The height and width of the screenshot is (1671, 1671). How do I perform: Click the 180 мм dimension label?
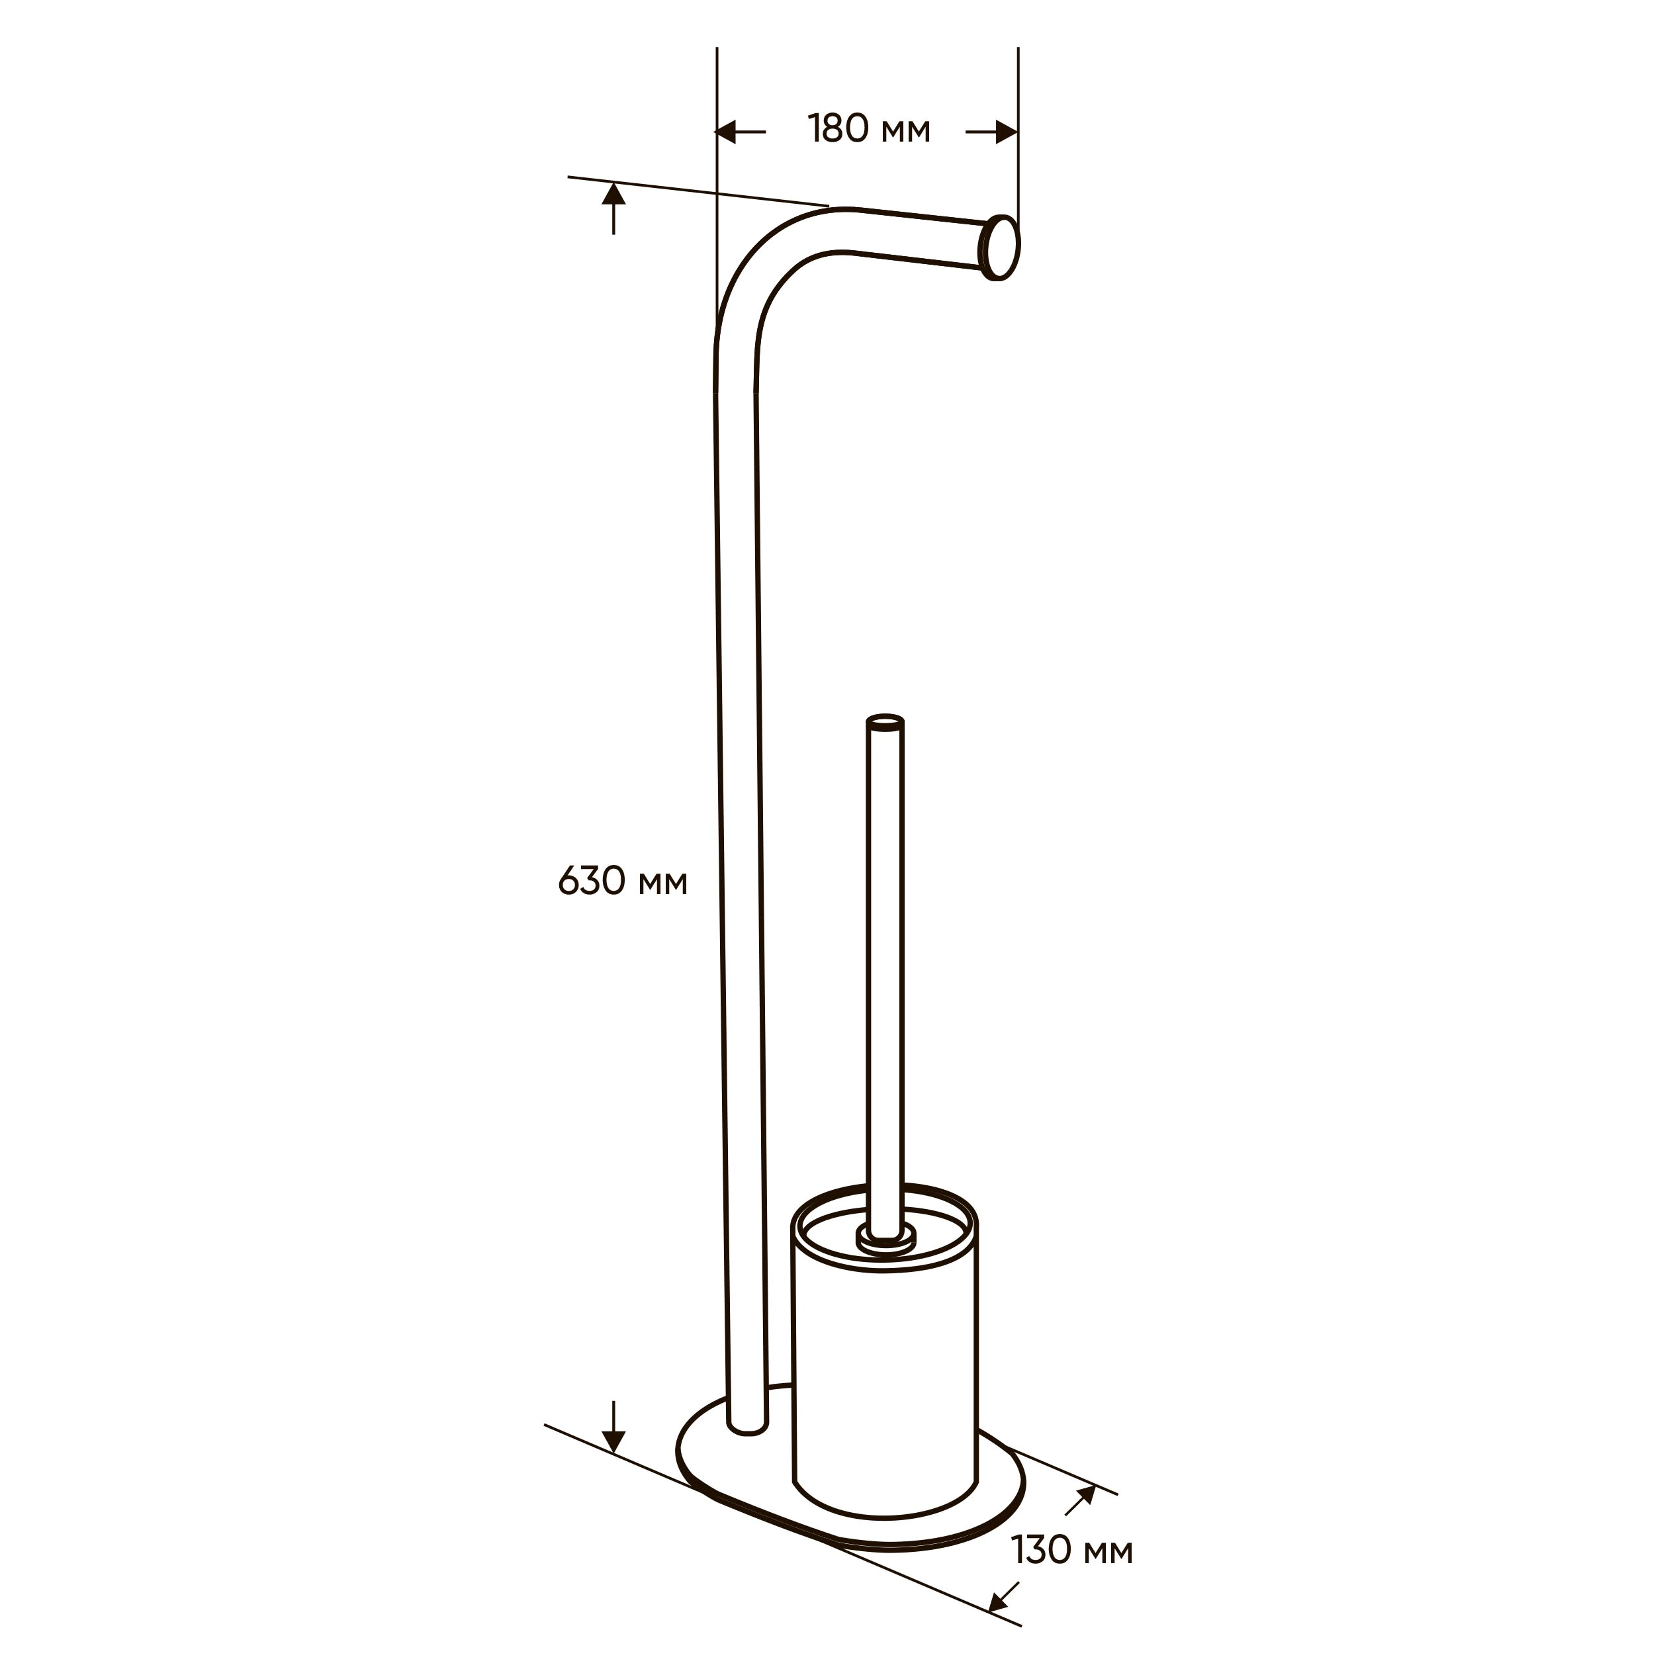(869, 129)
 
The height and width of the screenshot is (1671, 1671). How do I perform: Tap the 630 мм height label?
(623, 882)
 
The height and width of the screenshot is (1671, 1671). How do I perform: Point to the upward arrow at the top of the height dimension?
(613, 208)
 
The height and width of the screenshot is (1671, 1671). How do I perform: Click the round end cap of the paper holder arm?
(1000, 248)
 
